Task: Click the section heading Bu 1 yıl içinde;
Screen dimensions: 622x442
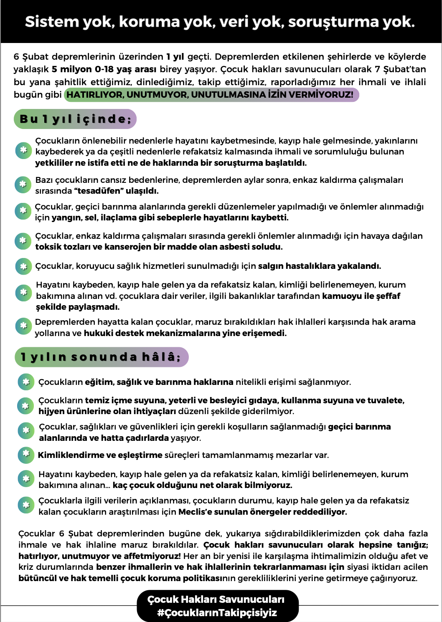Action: coord(76,119)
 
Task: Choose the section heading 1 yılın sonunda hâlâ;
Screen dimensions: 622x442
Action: coord(101,357)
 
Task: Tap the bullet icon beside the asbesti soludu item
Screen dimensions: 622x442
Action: coord(23,241)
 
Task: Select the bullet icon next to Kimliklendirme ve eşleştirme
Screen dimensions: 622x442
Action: coord(26,455)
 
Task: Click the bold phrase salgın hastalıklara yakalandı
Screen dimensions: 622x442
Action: coord(319,266)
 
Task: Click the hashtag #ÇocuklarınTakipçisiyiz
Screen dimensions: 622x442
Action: coord(217,613)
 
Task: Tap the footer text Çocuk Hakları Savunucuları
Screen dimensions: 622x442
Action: coord(216,599)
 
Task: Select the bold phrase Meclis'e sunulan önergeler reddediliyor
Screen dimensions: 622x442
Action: coord(262,512)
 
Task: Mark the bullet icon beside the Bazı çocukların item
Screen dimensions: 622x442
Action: coord(23,185)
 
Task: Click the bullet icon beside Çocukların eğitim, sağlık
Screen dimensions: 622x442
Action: coord(26,382)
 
